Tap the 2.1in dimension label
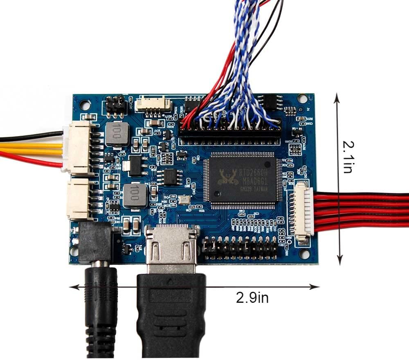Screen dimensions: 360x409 point(348,157)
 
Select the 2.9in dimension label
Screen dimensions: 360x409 point(252,297)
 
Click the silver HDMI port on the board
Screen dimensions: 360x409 point(171,247)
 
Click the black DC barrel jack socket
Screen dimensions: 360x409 point(95,243)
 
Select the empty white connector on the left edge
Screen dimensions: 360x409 point(80,199)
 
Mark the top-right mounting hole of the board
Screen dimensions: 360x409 point(302,98)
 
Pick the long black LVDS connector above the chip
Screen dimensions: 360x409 point(229,134)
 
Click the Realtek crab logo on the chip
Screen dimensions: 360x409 point(227,176)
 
